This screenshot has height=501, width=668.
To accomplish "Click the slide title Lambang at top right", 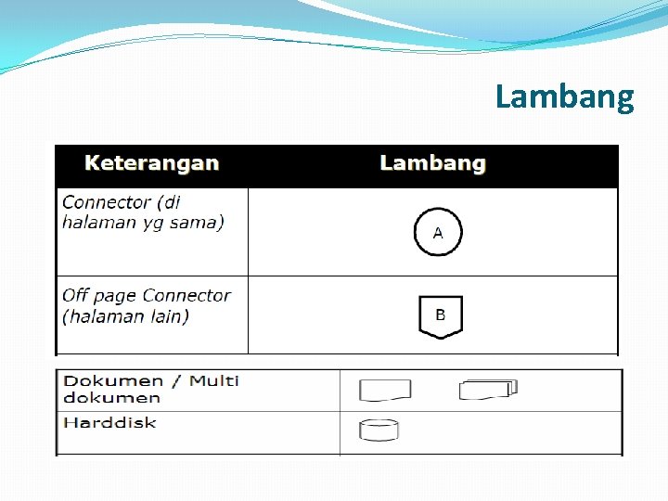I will [564, 96].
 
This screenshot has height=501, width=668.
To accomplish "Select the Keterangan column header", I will [151, 163].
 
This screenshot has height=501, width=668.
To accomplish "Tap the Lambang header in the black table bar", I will [432, 163].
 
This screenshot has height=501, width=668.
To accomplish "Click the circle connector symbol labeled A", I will [437, 232].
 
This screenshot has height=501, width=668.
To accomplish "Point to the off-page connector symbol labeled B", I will [440, 316].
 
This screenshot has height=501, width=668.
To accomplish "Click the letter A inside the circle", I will [438, 232].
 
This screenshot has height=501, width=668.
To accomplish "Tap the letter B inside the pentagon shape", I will [440, 315].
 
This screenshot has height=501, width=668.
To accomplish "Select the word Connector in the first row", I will [106, 202].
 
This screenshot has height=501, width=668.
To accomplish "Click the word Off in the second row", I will [75, 295].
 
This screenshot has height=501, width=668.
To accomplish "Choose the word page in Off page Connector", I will [114, 297].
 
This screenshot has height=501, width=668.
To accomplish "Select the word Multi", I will [214, 380].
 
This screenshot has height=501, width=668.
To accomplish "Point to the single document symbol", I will [384, 391].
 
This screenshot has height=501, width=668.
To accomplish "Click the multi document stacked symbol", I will [488, 390].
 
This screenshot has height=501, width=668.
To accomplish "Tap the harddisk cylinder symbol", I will [379, 430].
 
